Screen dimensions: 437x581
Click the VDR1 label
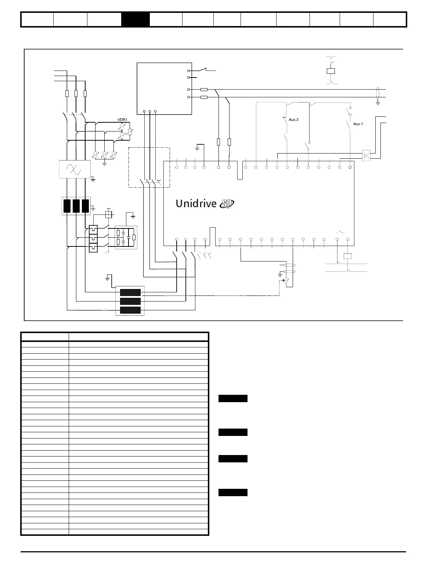pyautogui.click(x=122, y=120)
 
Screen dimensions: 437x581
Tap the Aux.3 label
pyautogui.click(x=293, y=120)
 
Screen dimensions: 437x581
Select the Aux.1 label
pyautogui.click(x=358, y=124)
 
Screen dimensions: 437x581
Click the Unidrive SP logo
pyautogui.click(x=205, y=203)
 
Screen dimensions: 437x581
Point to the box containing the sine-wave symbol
pyautogui.click(x=75, y=169)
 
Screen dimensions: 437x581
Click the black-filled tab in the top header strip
pyautogui.click(x=135, y=19)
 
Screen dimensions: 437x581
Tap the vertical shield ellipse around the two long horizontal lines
pyautogui.click(x=378, y=93)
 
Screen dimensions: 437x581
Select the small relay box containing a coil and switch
pyautogui.click(x=366, y=156)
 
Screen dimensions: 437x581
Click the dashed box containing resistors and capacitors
pyautogui.click(x=126, y=237)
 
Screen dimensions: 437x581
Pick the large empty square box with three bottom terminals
pyautogui.click(x=165, y=89)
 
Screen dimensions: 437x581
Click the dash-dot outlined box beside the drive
pyautogui.click(x=149, y=167)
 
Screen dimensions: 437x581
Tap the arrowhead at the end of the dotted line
pyautogui.click(x=283, y=280)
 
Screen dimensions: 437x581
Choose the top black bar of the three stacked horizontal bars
pyautogui.click(x=130, y=292)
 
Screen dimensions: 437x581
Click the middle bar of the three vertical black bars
pyautogui.click(x=76, y=206)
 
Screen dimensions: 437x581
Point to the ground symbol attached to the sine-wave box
pyautogui.click(x=93, y=180)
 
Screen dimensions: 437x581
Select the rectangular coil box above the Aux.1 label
pyautogui.click(x=331, y=71)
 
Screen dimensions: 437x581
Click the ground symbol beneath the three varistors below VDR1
pyautogui.click(x=105, y=163)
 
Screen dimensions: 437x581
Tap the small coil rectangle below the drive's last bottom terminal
pyautogui.click(x=347, y=256)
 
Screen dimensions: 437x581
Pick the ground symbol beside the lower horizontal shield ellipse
pyautogui.click(x=280, y=274)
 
